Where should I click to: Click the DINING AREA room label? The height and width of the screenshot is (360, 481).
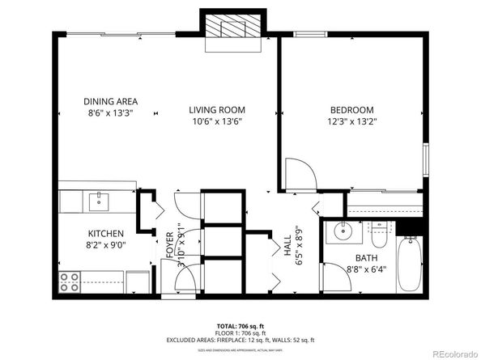[110, 102]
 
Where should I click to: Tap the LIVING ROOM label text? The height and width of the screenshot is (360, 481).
[217, 110]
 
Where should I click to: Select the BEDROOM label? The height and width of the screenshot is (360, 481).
[351, 110]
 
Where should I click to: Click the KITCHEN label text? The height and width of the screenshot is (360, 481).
[105, 232]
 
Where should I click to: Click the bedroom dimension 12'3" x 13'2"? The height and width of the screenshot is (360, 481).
[351, 121]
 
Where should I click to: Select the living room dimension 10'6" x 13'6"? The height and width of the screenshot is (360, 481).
[217, 121]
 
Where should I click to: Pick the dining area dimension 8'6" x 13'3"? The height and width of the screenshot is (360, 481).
[110, 113]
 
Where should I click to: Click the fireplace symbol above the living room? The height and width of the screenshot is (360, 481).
[234, 32]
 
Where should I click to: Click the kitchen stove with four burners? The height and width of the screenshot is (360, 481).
[70, 282]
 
